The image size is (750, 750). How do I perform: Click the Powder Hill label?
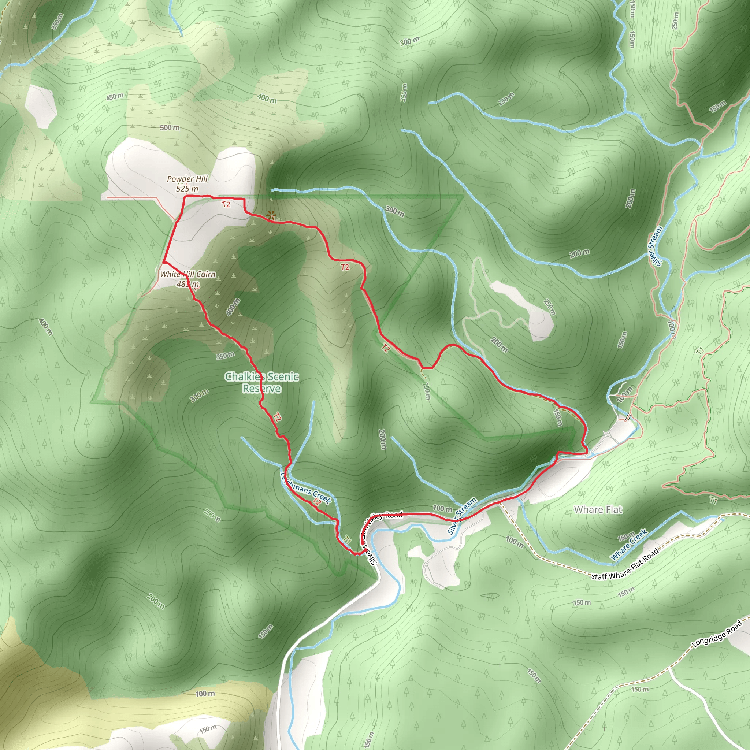(187, 179)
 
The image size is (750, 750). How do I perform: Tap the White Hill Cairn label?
(188, 274)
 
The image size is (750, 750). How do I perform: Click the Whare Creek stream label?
(629, 545)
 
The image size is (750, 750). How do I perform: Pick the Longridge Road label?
(717, 634)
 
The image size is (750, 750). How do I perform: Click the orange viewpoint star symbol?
(271, 215)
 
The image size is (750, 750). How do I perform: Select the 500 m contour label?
(170, 127)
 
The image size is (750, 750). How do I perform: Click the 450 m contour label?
(115, 96)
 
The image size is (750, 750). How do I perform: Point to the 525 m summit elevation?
(187, 189)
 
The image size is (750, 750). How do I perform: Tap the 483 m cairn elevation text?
(188, 284)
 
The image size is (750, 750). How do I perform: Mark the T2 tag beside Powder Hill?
(226, 204)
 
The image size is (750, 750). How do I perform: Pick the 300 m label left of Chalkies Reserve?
(200, 396)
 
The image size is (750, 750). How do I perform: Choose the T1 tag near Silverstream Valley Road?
(347, 539)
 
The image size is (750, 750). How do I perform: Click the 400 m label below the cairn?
(233, 307)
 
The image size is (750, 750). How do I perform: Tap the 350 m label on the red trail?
(226, 355)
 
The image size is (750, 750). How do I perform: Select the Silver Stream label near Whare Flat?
(462, 516)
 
